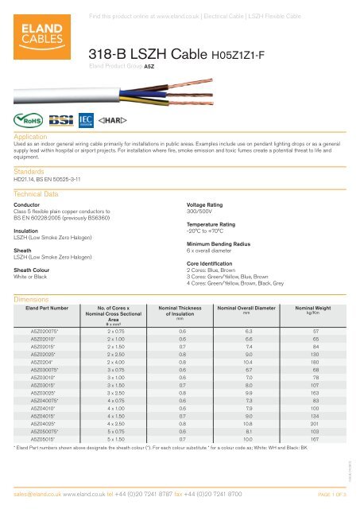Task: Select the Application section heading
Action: [x=33, y=137]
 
